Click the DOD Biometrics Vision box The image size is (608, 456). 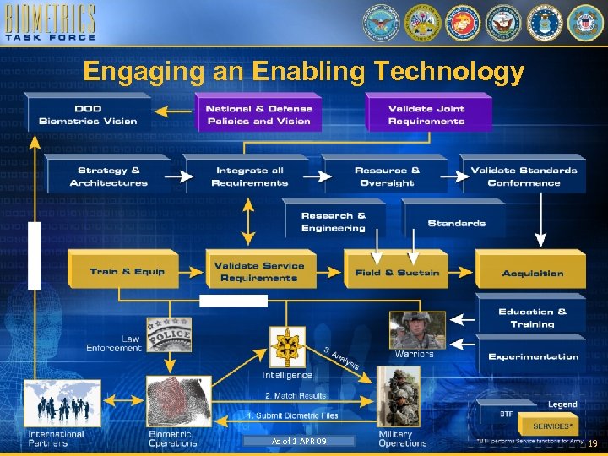click(88, 115)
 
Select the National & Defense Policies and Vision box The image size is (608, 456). click(258, 115)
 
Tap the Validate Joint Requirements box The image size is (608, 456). click(426, 115)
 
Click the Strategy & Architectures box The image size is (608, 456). click(108, 176)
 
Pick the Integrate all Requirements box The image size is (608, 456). click(250, 176)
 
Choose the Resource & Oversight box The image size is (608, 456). click(387, 176)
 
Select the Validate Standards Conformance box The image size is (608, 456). click(524, 176)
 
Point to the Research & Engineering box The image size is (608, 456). click(334, 222)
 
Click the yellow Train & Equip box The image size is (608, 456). click(128, 272)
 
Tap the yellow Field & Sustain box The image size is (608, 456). click(397, 273)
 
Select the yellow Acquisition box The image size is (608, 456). click(532, 273)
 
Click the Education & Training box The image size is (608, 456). click(532, 318)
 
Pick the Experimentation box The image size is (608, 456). click(533, 356)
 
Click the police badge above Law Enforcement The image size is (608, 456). click(169, 334)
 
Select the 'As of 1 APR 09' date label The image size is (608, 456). click(297, 441)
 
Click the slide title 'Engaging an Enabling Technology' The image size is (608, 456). click(304, 73)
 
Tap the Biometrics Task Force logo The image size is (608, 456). click(50, 23)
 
